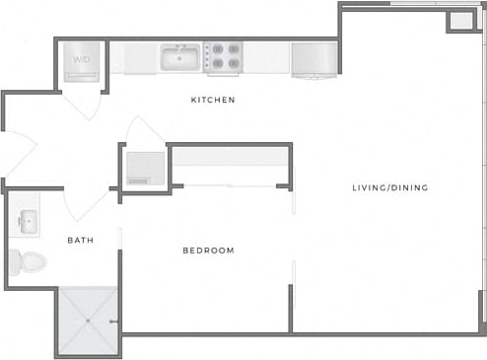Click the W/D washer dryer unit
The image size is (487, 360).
81,60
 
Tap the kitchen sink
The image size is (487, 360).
181,57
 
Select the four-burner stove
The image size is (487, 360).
223,57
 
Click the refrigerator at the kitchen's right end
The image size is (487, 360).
313,58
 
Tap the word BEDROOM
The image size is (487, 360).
209,251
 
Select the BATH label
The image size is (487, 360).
81,240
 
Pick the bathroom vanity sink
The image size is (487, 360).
27,221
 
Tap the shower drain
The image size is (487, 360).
89,321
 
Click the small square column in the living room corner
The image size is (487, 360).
459,22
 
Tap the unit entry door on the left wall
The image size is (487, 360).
18,158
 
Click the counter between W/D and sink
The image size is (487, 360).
133,57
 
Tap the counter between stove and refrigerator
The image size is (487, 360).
266,57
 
